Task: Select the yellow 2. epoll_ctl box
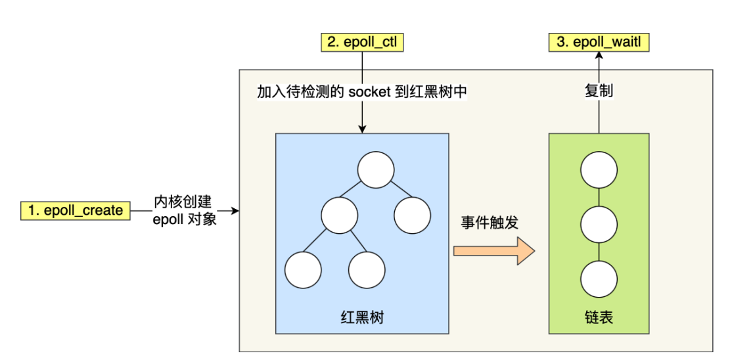pyautogui.click(x=362, y=43)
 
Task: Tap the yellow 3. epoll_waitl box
pyautogui.click(x=599, y=43)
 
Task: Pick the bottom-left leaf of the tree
pyautogui.click(x=303, y=271)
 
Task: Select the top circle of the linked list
pyautogui.click(x=599, y=171)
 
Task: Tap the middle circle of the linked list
pyautogui.click(x=599, y=224)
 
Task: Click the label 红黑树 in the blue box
pyautogui.click(x=361, y=318)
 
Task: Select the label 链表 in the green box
pyautogui.click(x=599, y=318)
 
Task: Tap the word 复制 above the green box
pyautogui.click(x=599, y=91)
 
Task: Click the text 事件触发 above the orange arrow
pyautogui.click(x=490, y=222)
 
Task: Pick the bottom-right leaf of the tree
pyautogui.click(x=366, y=271)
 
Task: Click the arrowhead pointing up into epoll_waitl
pyautogui.click(x=599, y=56)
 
